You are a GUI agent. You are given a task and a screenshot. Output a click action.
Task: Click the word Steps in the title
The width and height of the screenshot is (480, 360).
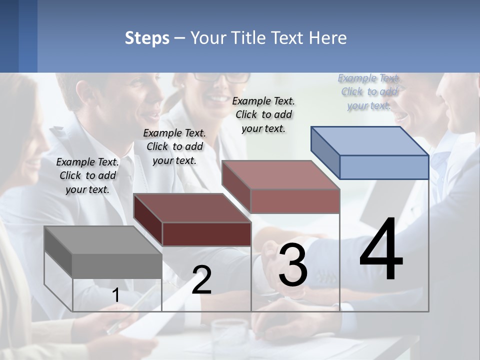pos(147,38)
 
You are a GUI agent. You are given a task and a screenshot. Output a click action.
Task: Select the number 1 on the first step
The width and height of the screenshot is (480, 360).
pos(116,295)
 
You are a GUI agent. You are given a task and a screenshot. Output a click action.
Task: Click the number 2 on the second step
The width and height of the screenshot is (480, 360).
pos(201,280)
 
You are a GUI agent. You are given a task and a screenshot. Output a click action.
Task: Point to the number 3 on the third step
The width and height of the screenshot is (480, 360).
pos(293,266)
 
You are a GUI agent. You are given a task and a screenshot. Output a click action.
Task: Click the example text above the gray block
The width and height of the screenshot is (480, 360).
pos(87,175)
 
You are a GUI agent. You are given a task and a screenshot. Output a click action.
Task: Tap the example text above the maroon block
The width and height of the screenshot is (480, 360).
pos(174,146)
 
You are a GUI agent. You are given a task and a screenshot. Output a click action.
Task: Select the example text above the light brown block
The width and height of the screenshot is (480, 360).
pos(263,114)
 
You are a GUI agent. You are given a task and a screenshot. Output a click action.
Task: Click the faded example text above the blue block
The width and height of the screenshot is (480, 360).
pos(369,91)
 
